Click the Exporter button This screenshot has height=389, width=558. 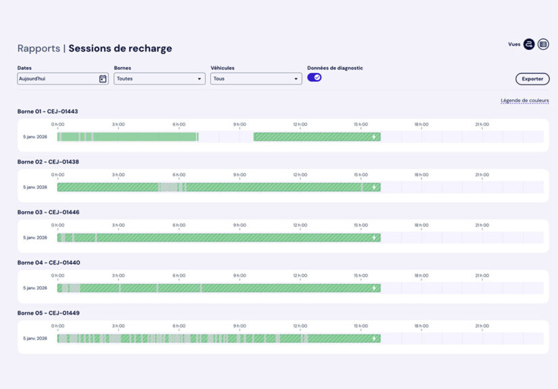click(532, 79)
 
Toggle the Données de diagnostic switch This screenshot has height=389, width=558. click(315, 78)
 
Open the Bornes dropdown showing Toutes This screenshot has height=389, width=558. click(159, 79)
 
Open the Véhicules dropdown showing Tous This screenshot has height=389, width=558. click(256, 79)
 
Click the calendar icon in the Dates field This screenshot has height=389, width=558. click(103, 79)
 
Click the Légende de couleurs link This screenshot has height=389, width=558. click(524, 101)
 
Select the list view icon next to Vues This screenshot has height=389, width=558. click(543, 44)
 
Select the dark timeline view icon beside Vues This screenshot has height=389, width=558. click(529, 44)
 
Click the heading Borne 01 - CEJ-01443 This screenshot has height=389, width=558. click(47, 112)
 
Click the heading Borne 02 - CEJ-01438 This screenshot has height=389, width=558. click(47, 162)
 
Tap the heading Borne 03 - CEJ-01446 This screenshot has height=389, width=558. click(47, 212)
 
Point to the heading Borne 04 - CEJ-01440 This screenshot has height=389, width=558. click(47, 262)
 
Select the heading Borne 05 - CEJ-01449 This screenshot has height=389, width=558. click(47, 313)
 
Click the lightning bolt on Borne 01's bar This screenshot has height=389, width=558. click(374, 137)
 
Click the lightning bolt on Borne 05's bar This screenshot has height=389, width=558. click(374, 338)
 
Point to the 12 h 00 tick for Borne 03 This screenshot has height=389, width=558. click(300, 225)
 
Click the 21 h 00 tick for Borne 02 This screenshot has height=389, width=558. click(482, 175)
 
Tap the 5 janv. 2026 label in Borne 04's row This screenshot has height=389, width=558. click(35, 288)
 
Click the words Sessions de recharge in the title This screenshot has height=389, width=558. click(120, 49)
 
